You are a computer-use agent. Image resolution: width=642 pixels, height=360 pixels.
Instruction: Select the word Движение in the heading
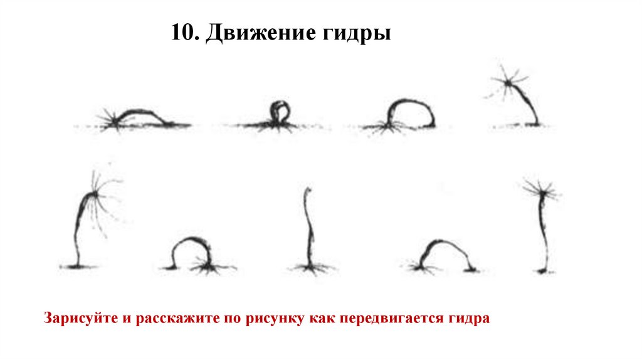pos(261,33)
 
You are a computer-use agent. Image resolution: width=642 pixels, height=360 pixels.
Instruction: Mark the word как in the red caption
pos(322,318)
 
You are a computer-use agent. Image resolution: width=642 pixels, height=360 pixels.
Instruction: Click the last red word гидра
pos(469,319)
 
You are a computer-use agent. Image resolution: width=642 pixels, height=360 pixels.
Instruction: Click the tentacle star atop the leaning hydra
pos(508,83)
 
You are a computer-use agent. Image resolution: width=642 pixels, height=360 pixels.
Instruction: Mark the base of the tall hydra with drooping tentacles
pos(78,267)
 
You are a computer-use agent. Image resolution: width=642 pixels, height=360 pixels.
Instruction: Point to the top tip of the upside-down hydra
pos(308,189)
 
